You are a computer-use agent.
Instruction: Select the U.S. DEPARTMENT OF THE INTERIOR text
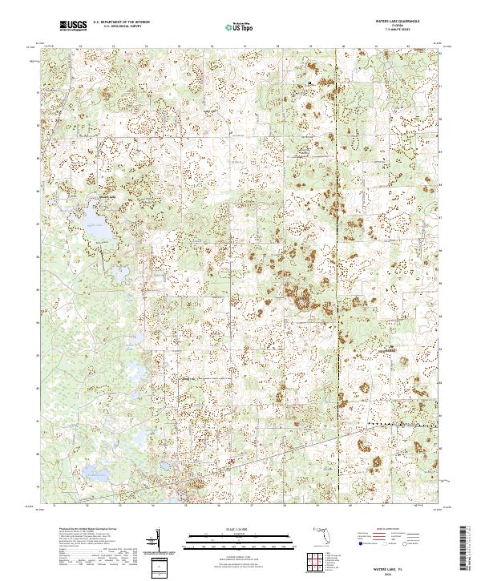coord(121,22)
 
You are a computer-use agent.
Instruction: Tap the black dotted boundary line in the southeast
coord(401,422)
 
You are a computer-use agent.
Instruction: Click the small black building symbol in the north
coord(310,82)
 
